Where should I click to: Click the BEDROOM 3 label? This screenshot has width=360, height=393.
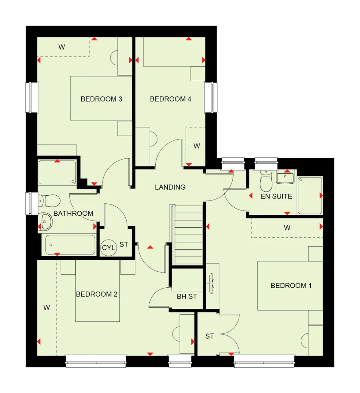pyautogui.click(x=101, y=99)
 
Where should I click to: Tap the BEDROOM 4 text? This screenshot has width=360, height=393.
pyautogui.click(x=168, y=99)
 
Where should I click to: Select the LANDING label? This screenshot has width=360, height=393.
pyautogui.click(x=170, y=187)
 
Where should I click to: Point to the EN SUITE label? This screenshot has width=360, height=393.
pyautogui.click(x=276, y=196)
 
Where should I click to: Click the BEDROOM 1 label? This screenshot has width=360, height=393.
pyautogui.click(x=291, y=285)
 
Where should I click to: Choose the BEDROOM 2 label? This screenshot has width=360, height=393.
pyautogui.click(x=97, y=294)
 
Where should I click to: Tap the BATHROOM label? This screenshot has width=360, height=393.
pyautogui.click(x=73, y=213)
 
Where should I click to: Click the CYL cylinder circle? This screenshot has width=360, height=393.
pyautogui.click(x=108, y=248)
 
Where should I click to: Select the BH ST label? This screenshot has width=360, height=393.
pyautogui.click(x=187, y=297)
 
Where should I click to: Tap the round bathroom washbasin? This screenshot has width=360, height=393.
pyautogui.click(x=46, y=221)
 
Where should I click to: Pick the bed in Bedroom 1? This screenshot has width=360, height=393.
pyautogui.click(x=290, y=286)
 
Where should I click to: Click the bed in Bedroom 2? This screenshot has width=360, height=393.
pyautogui.click(x=98, y=291)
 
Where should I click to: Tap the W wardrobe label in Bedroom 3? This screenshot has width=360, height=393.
pyautogui.click(x=62, y=47)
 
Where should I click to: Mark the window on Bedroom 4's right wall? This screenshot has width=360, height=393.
pyautogui.click(x=211, y=98)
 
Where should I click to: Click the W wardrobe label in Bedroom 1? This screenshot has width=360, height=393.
pyautogui.click(x=287, y=228)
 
